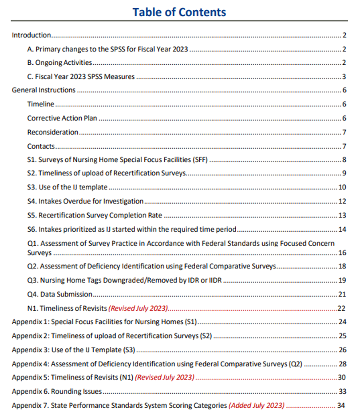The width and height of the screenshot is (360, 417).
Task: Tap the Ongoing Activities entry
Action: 59,63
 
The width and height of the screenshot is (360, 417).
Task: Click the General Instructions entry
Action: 43,90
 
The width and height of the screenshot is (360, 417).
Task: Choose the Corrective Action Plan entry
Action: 62,118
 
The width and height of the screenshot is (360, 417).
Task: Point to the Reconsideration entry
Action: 53,132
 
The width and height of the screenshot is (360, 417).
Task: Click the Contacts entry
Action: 41,146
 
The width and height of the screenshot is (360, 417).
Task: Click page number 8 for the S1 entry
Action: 344,160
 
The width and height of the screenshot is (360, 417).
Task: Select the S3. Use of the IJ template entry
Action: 67,188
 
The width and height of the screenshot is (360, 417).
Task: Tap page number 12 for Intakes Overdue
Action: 342,201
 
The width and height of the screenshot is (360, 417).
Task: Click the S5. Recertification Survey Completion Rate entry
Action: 94,215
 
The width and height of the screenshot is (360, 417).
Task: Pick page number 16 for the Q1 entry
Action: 342,253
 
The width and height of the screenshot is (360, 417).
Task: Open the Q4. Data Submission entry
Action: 60,294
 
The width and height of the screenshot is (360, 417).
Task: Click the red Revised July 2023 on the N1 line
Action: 138,308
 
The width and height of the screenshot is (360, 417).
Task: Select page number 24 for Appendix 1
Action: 342,322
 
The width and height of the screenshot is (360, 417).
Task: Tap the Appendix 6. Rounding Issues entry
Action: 57,392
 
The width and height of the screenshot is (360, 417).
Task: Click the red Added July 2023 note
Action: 256,405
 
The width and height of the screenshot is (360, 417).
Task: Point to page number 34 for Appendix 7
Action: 342,405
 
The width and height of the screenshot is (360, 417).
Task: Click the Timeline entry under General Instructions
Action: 41,104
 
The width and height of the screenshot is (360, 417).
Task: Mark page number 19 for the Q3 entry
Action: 342,281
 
